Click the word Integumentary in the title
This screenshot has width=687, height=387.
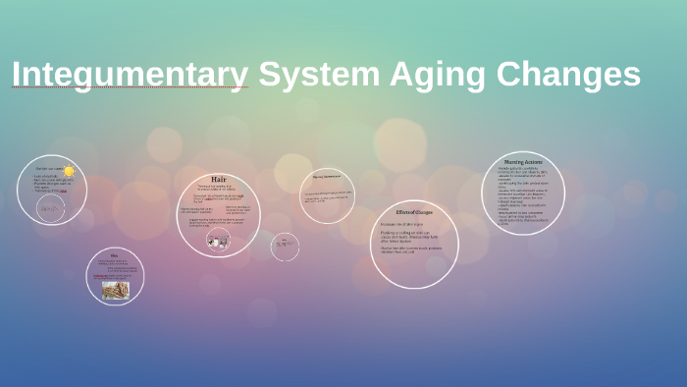(130, 75)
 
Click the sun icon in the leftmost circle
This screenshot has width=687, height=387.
(69, 172)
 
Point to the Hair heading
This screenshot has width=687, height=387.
(218, 180)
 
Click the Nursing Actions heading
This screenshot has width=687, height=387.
(523, 161)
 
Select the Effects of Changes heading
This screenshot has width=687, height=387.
(414, 212)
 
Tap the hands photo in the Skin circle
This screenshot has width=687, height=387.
(115, 290)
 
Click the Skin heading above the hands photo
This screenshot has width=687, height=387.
(114, 255)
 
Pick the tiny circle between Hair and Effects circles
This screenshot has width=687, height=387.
(285, 246)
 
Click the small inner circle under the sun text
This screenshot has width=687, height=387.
(50, 207)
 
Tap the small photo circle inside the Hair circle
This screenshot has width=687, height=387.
(218, 240)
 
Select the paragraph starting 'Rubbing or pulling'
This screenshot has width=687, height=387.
(413, 236)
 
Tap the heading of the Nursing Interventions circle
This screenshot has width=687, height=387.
(327, 177)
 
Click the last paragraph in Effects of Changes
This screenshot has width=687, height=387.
(413, 249)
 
